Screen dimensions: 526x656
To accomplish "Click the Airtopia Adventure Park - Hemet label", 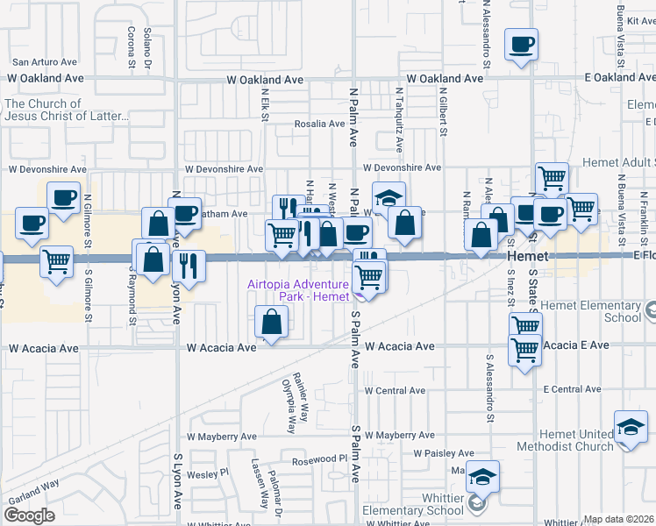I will [298, 290].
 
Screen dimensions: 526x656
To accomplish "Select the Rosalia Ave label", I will [319, 124].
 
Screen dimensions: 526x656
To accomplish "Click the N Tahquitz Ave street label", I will [399, 115].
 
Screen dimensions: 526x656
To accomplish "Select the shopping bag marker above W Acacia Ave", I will [272, 321].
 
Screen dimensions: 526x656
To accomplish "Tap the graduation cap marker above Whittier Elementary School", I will [481, 477].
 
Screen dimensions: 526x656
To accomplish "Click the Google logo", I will [30, 515].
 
